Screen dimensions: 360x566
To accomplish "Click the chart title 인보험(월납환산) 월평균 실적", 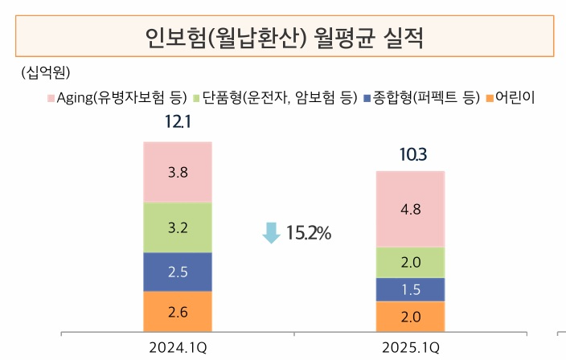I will tap(283, 37).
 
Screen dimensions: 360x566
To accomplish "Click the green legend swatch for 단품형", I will tap(196, 98).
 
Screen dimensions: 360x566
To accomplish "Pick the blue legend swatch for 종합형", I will tap(367, 98).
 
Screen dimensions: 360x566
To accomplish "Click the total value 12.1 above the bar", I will tap(178, 125).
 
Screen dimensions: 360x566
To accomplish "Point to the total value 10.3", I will tap(410, 154).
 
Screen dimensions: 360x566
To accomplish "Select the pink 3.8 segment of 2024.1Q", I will tap(178, 172).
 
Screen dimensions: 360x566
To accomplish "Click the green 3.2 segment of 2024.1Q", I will tap(178, 227).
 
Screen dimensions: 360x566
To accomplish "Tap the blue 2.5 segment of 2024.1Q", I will tap(178, 272).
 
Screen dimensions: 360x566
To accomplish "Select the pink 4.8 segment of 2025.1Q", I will tap(410, 209).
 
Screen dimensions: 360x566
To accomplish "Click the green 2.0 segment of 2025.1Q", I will tap(410, 263).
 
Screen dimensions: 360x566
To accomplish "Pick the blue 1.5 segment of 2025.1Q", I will tap(410, 289).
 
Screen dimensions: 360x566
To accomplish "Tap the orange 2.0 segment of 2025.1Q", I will tap(410, 317).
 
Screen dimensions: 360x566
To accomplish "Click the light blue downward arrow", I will tap(271, 233).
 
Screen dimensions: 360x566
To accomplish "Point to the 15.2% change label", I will tap(308, 233).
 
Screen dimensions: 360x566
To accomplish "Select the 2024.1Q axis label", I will tap(178, 348).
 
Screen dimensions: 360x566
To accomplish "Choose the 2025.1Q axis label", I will tap(410, 348).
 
